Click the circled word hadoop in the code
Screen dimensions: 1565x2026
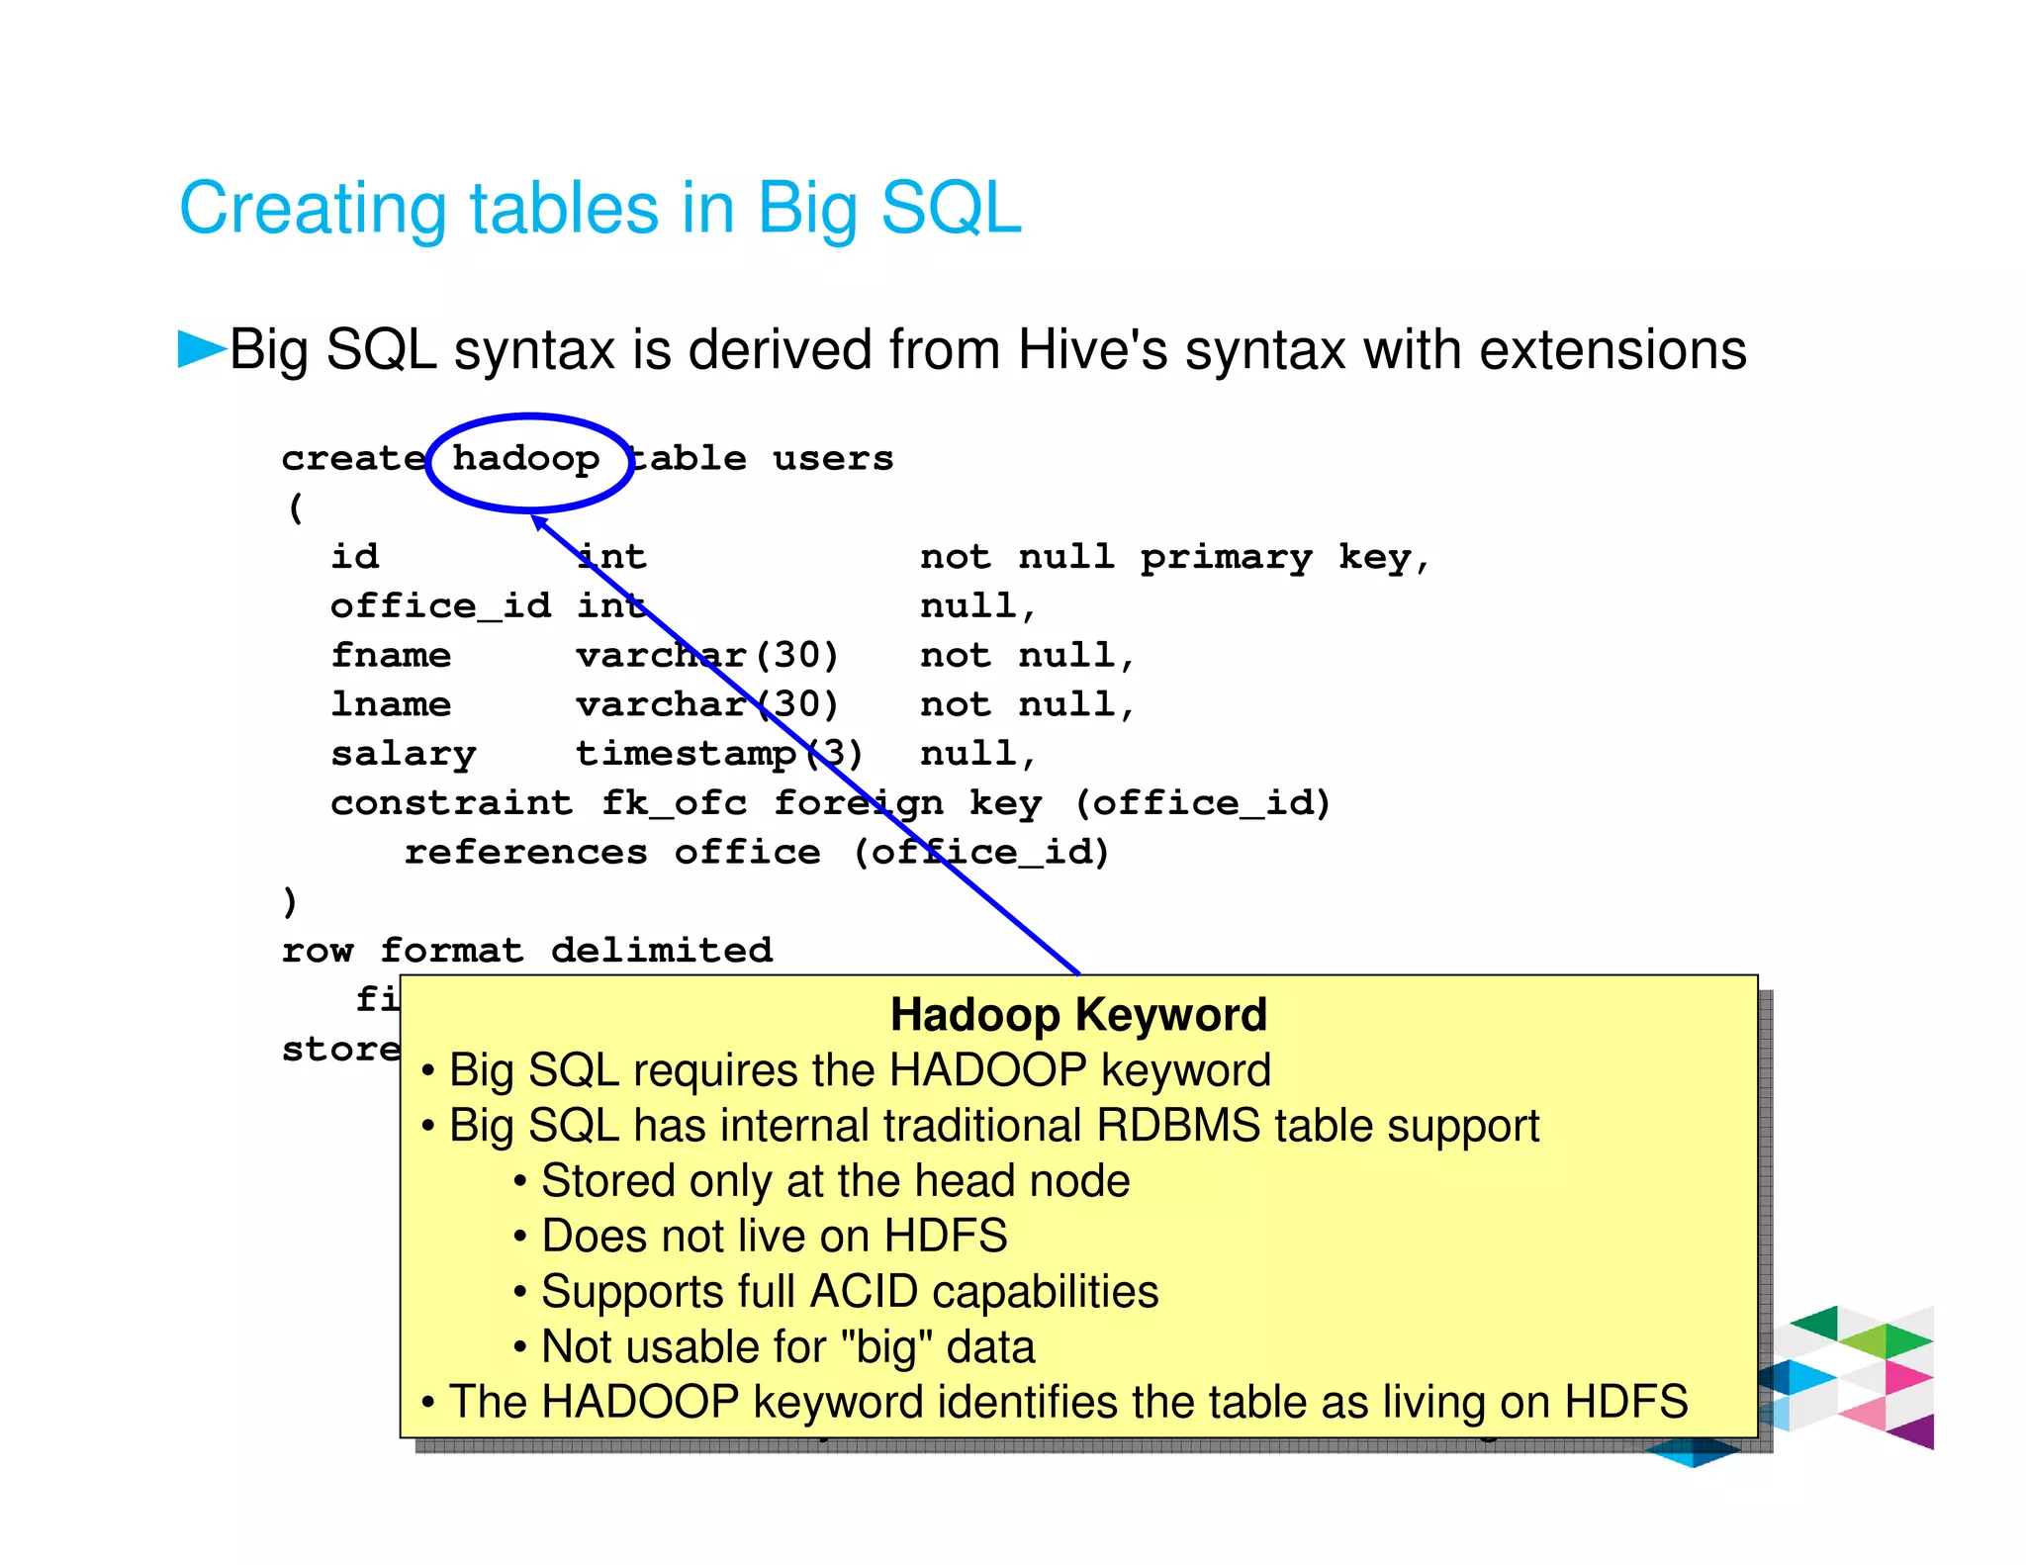click(x=525, y=459)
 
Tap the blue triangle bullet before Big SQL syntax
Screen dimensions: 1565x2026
click(x=202, y=348)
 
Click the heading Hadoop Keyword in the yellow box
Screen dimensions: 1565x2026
click(x=1078, y=1015)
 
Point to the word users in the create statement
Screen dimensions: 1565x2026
click(x=833, y=459)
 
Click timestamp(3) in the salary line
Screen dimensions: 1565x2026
click(x=719, y=754)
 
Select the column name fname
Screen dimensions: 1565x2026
click(x=391, y=655)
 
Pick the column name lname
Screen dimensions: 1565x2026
click(x=391, y=704)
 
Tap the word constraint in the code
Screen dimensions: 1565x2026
click(x=452, y=802)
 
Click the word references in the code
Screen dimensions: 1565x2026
click(x=525, y=852)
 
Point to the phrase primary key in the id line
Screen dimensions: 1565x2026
click(x=1275, y=557)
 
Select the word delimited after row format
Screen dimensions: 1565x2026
click(x=662, y=950)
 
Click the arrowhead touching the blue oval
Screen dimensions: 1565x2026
click(x=538, y=520)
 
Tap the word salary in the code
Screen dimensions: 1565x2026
click(x=404, y=754)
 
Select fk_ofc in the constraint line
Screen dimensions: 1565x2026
click(x=674, y=802)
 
